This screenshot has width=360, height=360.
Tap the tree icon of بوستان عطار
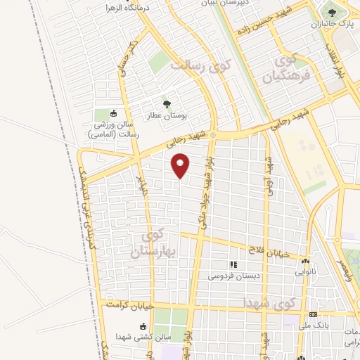(x=167, y=104)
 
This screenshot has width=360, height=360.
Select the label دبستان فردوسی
(x=233, y=276)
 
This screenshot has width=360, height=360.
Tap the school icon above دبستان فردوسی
(x=233, y=265)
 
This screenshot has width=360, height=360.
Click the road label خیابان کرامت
(x=129, y=306)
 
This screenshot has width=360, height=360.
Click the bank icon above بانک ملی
(x=313, y=314)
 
